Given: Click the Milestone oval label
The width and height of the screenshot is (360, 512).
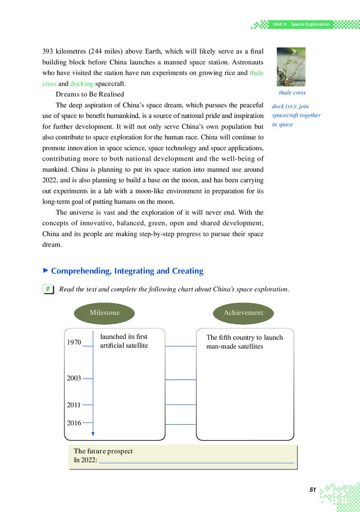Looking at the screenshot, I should click(104, 313).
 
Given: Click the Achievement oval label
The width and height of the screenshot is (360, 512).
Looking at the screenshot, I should click(243, 313).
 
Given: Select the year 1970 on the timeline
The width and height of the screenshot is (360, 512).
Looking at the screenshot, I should click(74, 342).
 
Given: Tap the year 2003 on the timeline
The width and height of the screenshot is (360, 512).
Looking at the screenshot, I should click(74, 378).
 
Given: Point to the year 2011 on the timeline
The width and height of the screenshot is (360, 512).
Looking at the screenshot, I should click(74, 405).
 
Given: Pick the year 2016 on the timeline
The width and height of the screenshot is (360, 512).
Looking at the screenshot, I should click(74, 423).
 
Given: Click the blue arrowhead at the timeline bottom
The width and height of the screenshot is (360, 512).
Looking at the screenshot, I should click(93, 434).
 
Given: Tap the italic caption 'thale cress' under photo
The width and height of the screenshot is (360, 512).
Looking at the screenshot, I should click(292, 93).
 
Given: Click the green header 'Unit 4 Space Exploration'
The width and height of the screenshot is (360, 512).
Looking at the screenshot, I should click(301, 24).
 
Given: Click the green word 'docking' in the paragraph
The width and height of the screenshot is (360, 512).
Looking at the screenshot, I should click(82, 84).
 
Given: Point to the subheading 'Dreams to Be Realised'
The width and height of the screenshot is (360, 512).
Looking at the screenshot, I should click(90, 94).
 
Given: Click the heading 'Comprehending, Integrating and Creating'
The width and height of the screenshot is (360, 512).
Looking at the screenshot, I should click(127, 271).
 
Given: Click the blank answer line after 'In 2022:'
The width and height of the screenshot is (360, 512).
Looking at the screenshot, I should click(196, 460).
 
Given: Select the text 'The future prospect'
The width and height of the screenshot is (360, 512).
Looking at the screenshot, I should click(103, 451).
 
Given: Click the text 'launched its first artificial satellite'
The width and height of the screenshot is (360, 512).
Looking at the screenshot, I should click(124, 341).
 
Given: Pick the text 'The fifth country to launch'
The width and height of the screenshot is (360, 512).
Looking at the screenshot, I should click(244, 337).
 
